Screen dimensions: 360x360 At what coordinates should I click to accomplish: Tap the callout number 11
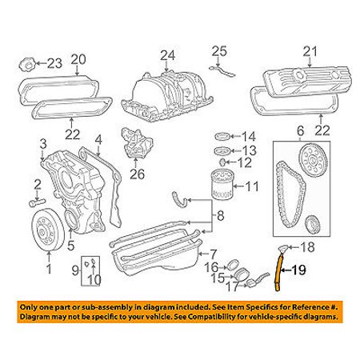[x=252, y=189]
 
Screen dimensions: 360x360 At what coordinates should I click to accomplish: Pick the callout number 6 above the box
[x=300, y=131]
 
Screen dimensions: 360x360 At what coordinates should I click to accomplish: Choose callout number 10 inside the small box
[x=94, y=279]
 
